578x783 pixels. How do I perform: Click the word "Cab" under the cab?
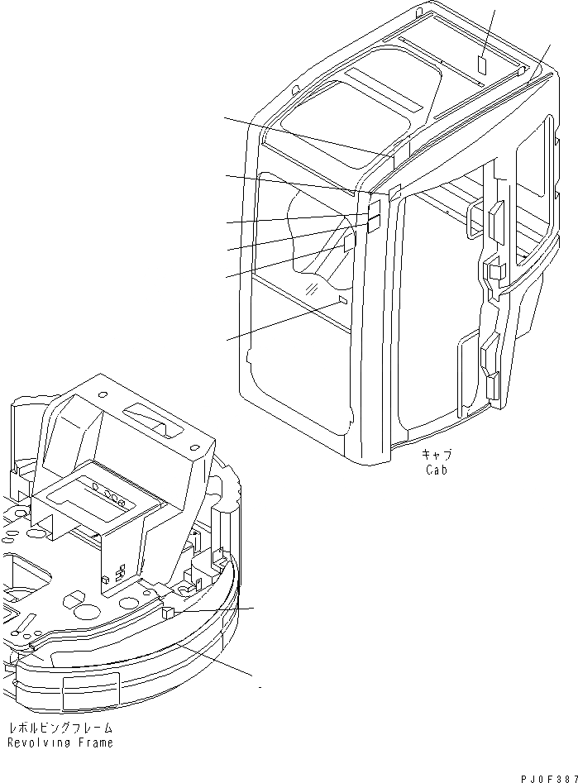pyautogui.click(x=437, y=470)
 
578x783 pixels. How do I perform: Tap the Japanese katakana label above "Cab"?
pyautogui.click(x=437, y=454)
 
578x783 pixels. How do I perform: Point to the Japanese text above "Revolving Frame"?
pyautogui.click(x=60, y=728)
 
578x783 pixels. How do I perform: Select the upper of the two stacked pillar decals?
pyautogui.click(x=374, y=206)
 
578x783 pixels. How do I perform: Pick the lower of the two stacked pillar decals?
pyautogui.click(x=374, y=222)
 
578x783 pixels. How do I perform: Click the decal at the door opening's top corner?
pyautogui.click(x=395, y=192)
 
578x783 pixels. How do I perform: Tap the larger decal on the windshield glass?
pyautogui.click(x=349, y=243)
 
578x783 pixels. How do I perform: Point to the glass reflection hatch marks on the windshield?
pyautogui.click(x=311, y=288)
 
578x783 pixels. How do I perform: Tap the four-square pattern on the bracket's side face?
pyautogui.click(x=121, y=573)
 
